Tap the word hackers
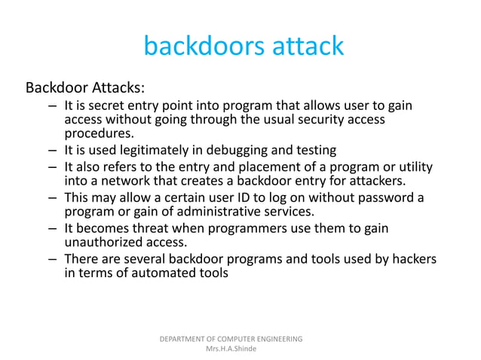(x=412, y=259)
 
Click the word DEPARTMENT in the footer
(x=186, y=339)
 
